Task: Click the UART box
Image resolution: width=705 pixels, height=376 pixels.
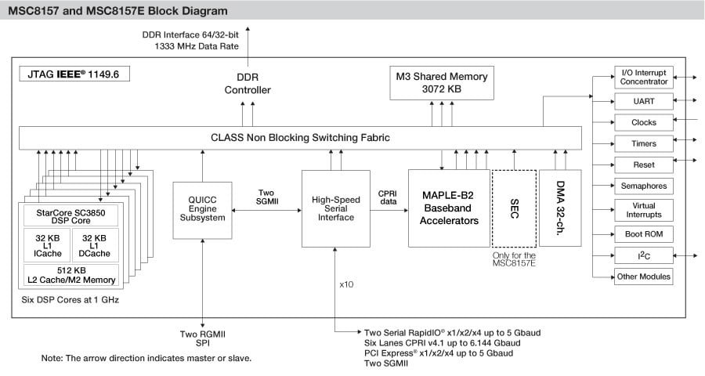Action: [x=644, y=101]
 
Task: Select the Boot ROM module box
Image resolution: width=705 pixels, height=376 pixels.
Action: [x=644, y=234]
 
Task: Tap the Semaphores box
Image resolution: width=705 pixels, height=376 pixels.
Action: [x=644, y=186]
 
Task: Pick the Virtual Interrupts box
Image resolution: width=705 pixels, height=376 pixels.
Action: [x=644, y=210]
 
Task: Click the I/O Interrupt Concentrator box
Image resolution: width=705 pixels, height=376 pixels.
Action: [x=644, y=77]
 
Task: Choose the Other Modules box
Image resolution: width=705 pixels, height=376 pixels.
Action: [x=644, y=277]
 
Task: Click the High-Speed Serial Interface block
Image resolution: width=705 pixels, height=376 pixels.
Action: [x=335, y=208]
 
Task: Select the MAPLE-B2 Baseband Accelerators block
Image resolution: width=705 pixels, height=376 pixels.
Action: [x=450, y=208]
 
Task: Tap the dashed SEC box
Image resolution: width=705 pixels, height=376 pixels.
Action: [x=514, y=208]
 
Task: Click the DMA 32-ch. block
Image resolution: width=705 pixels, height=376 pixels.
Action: [x=560, y=208]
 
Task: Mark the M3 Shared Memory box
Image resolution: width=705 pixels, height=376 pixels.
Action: [x=443, y=82]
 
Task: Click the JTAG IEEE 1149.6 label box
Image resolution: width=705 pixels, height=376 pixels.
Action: [x=74, y=75]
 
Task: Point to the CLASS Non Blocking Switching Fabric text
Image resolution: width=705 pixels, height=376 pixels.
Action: [x=300, y=138]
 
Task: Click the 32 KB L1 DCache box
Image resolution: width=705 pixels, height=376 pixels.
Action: [x=95, y=245]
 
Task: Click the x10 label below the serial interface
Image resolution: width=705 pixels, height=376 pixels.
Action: [x=346, y=284]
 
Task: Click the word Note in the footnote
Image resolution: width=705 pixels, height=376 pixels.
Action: [x=54, y=358]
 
